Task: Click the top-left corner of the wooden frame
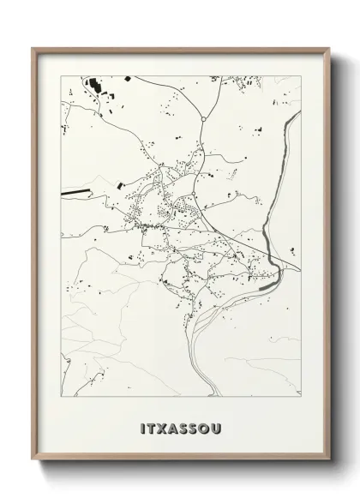pyautogui.click(x=33, y=48)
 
